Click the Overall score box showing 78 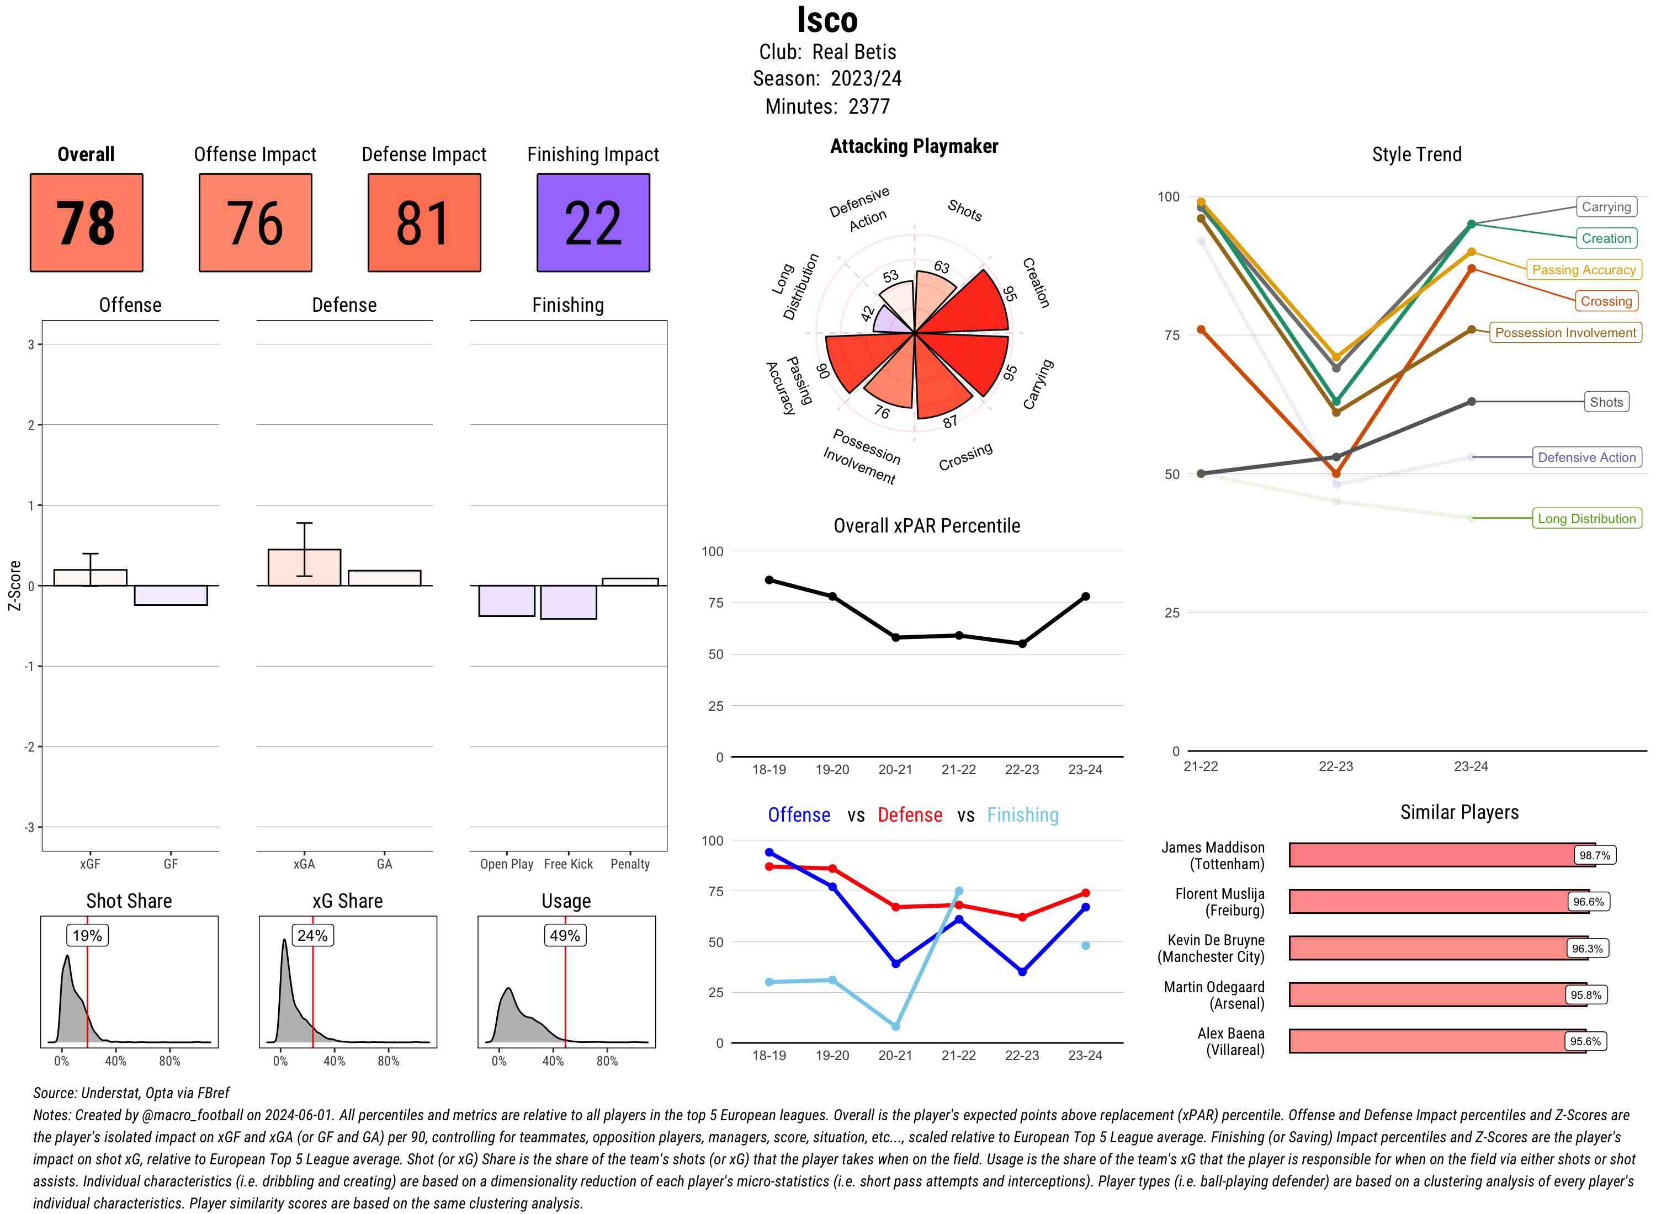86,223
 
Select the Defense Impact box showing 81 424,223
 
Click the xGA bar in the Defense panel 304,567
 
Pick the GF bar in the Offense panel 171,595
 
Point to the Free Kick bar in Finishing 568,602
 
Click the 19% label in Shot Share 87,935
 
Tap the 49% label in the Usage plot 565,935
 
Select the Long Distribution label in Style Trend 1586,519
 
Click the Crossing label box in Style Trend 1605,301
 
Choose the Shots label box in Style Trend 1605,402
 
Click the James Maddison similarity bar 1441,855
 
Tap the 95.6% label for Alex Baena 1585,1041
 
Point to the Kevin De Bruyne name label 1211,949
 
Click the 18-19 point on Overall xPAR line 769,580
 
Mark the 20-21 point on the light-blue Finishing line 895,1026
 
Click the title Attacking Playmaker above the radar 914,146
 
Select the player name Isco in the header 827,20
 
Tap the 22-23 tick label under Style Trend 1335,766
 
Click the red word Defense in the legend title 909,815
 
